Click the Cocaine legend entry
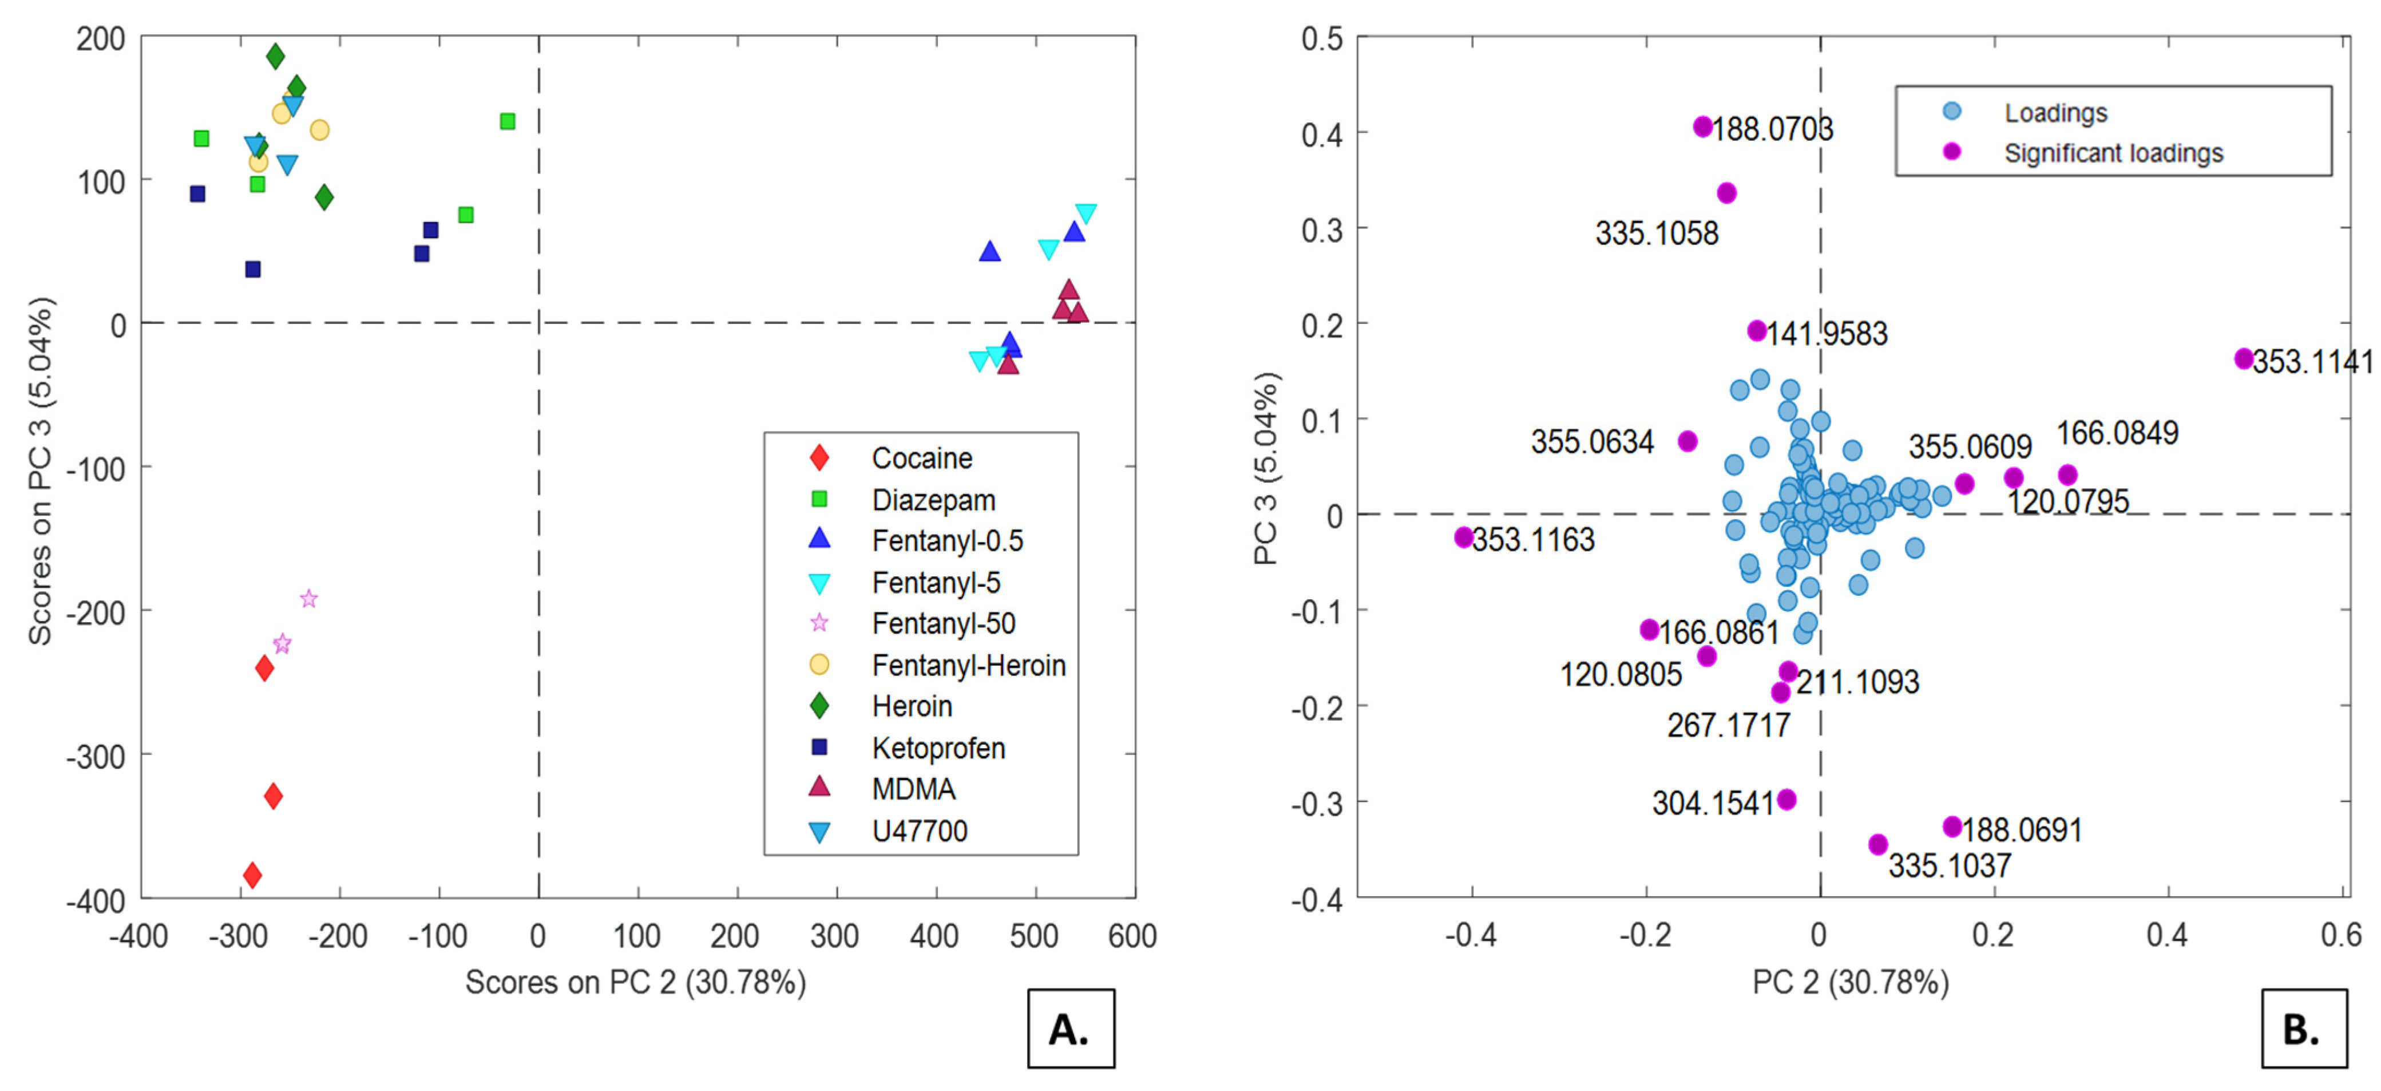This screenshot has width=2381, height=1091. point(921,458)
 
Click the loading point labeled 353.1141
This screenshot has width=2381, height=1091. point(2243,359)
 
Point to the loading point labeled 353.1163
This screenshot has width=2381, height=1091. point(1463,537)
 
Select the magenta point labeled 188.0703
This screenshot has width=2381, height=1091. point(1702,127)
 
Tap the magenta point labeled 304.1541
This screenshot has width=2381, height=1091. point(1786,799)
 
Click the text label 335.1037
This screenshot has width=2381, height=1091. point(1950,865)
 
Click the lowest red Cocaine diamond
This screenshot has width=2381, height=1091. point(252,875)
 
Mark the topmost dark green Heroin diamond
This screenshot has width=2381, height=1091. point(275,57)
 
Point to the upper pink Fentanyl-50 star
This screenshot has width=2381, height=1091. point(309,599)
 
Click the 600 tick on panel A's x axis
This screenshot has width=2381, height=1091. point(1132,936)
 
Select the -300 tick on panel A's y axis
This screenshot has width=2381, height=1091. point(94,756)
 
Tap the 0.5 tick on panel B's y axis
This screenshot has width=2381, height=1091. point(1322,39)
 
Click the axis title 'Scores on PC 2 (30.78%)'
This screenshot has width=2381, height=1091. point(635,982)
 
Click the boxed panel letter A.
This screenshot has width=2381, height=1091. point(1071,1028)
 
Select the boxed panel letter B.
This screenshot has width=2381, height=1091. point(2303,1028)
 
